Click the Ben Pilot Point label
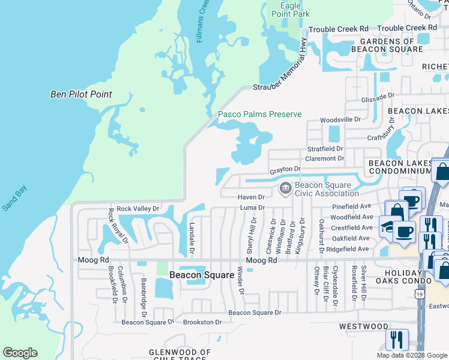click(x=81, y=95)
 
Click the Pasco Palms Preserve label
click(x=259, y=114)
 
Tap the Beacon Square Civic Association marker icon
click(x=285, y=189)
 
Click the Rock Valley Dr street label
click(x=138, y=209)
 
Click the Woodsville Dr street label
click(x=340, y=120)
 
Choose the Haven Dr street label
click(x=251, y=197)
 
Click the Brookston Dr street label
click(x=202, y=322)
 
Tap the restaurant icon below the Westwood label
click(x=396, y=340)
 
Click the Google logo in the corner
click(x=20, y=353)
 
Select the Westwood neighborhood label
click(x=363, y=326)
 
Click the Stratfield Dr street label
click(x=325, y=148)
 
